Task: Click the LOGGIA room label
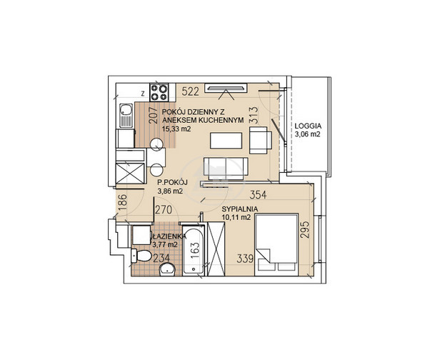point(308,126)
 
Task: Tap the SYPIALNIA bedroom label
point(239,209)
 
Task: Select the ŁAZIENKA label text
point(169,236)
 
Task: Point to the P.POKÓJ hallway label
point(172,182)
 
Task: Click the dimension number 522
point(190,91)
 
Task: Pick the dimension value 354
point(258,195)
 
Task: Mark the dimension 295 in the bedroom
point(305,230)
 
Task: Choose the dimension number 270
point(164,209)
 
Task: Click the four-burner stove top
point(159,92)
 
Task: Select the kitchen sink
point(126,115)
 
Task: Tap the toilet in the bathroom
point(141,256)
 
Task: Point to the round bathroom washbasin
point(167,269)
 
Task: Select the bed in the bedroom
point(276,245)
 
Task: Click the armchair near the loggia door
point(261,140)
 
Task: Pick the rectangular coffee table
point(226,141)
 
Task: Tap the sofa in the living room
point(226,169)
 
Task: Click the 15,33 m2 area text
point(176,129)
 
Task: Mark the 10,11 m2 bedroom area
point(236,217)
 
